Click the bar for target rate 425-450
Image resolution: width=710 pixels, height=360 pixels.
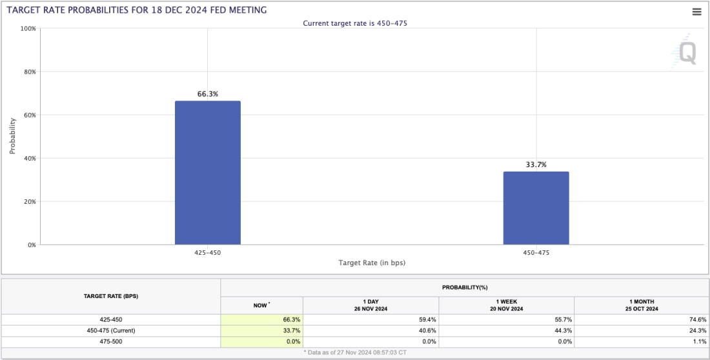pos(207,173)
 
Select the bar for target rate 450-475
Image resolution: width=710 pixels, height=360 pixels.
pos(536,208)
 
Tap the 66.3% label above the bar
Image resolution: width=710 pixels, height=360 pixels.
pos(207,94)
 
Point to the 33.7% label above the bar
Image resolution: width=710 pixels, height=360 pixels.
pos(536,165)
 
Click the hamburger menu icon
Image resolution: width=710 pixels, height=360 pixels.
pos(696,12)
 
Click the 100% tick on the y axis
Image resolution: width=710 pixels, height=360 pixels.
pos(28,29)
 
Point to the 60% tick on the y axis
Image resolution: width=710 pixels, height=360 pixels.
pos(29,115)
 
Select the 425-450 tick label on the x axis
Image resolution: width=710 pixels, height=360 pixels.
pos(207,252)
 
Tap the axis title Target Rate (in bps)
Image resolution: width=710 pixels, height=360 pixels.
pos(372,263)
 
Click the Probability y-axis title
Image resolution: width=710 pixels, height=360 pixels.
pos(12,136)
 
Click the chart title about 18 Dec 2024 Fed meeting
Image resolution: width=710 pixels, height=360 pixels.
pos(136,10)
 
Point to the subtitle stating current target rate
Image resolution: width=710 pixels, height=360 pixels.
pos(355,23)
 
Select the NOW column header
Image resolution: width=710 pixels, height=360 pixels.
pos(261,304)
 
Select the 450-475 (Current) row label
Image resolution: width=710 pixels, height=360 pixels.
pos(111,330)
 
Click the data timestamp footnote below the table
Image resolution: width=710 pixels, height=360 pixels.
pos(354,353)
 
